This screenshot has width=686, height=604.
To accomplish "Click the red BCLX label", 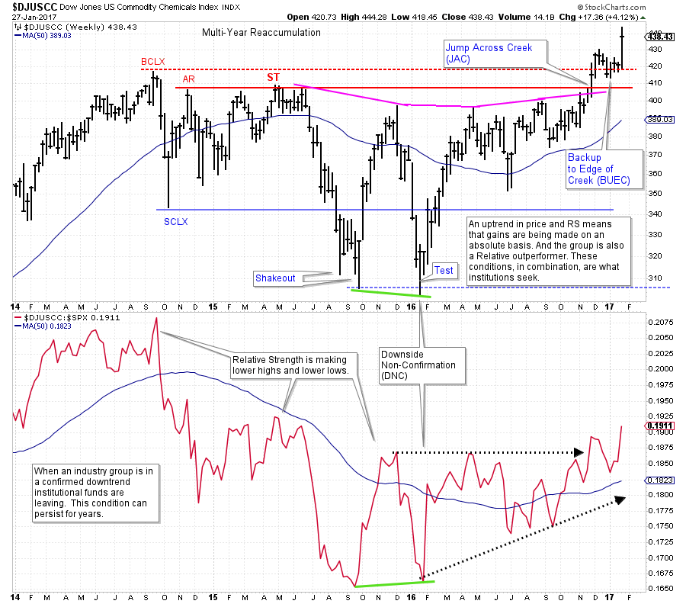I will click(x=152, y=61).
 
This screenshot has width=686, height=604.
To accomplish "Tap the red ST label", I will click(x=273, y=77).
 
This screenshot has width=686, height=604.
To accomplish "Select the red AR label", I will click(x=188, y=79).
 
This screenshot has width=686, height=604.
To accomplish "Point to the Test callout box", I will click(x=444, y=270).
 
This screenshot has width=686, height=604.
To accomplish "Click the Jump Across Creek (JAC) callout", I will click(x=495, y=53).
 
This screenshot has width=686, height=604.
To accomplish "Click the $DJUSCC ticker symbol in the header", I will click(x=34, y=5).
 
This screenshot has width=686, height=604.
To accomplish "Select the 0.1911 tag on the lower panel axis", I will click(x=659, y=426).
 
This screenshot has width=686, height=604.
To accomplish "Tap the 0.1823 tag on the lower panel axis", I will click(x=659, y=480).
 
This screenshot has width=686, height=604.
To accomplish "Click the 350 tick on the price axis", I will click(x=655, y=193).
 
